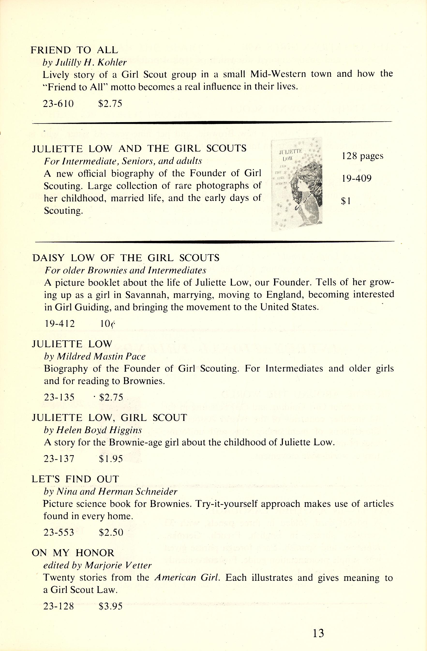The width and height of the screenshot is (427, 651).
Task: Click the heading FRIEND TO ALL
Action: [74, 50]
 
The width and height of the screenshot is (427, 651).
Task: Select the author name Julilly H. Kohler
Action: [91, 63]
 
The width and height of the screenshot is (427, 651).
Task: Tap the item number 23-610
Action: [59, 103]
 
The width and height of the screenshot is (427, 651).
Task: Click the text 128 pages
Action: [362, 156]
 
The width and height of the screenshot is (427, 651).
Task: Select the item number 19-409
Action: [356, 179]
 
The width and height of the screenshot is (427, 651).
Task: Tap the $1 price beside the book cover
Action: [346, 201]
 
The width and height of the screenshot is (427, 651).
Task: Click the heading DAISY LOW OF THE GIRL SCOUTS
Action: [126, 258]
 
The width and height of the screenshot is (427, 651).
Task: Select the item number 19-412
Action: [59, 324]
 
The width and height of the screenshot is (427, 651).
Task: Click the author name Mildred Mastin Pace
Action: [101, 356]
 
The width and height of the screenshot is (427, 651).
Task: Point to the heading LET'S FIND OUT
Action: [75, 479]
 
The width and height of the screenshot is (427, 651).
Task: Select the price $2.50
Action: [111, 532]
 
